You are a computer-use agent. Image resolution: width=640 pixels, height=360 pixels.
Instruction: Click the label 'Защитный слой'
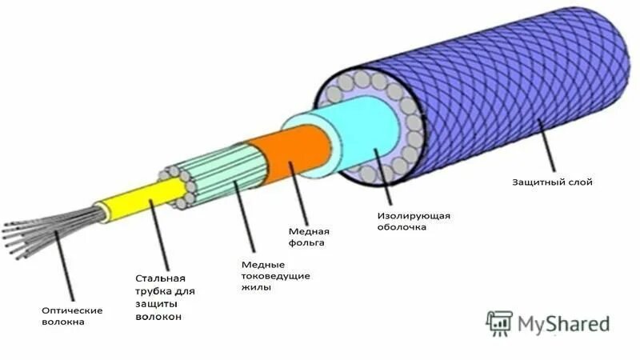[x=552, y=182]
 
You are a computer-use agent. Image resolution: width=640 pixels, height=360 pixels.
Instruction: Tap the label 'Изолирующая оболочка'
[x=413, y=222]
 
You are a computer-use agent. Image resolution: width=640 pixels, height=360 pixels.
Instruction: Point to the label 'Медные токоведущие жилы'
[x=275, y=275]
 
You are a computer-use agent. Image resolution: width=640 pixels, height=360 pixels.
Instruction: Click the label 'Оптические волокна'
[x=72, y=316]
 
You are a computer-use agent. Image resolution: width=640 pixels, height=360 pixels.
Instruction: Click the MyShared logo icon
[x=498, y=322]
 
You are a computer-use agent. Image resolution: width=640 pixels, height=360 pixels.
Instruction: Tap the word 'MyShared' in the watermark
[x=563, y=323]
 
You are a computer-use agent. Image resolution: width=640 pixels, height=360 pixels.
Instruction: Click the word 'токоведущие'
[x=275, y=275]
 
